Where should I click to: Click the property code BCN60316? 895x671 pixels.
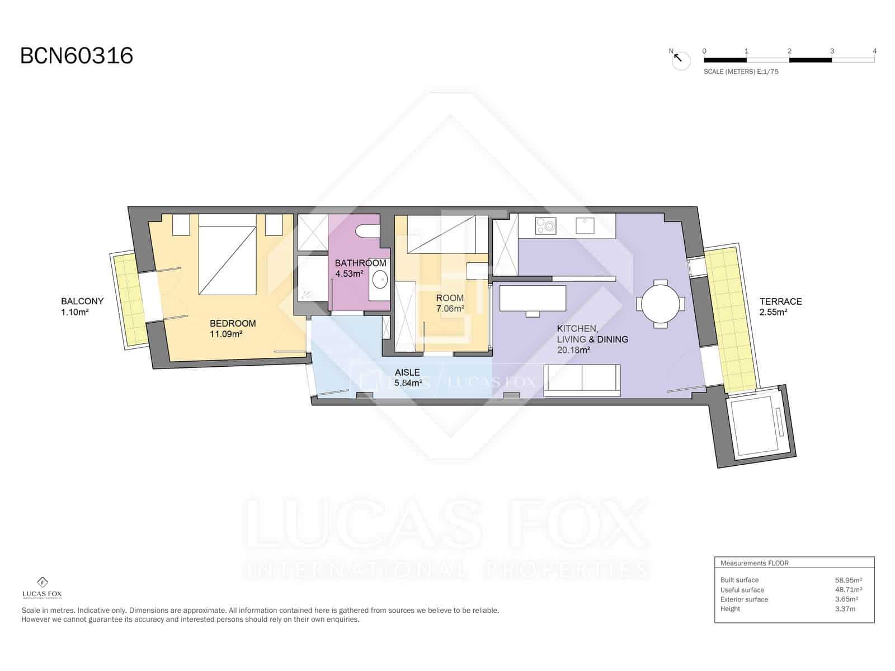click(77, 56)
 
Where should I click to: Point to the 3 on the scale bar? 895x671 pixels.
click(832, 51)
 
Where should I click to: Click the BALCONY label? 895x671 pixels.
click(82, 301)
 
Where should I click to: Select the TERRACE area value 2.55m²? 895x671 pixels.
click(773, 313)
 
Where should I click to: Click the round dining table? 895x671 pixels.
click(661, 304)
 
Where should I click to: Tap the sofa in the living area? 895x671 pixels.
click(582, 380)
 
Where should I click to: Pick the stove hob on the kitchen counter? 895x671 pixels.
click(546, 226)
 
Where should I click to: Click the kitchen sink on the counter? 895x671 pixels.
click(585, 225)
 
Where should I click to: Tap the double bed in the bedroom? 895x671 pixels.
click(228, 260)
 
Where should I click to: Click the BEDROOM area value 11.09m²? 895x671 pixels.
click(226, 334)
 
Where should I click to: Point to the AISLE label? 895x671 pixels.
click(407, 372)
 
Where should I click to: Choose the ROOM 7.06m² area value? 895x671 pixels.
click(450, 309)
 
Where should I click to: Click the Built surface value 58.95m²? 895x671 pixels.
click(848, 580)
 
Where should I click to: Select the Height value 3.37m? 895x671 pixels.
click(845, 609)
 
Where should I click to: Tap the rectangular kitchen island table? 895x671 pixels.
click(533, 298)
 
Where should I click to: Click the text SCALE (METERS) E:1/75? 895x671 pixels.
click(741, 72)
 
